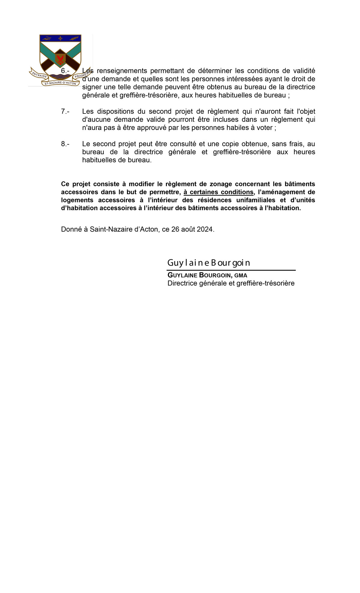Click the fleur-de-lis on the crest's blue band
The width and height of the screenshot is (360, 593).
60,38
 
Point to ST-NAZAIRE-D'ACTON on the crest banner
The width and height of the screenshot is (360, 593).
60,83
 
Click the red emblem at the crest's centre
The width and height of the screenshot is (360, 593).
60,59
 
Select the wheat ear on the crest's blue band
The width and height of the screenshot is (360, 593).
74,38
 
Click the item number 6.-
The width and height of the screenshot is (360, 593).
65,71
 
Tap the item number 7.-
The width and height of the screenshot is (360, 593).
65,111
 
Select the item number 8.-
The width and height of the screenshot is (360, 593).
65,144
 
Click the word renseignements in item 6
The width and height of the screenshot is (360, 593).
122,71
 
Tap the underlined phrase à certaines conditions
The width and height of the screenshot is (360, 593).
218,192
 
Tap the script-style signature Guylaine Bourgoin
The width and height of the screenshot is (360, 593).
208,263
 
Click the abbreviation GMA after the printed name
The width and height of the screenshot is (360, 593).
241,275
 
